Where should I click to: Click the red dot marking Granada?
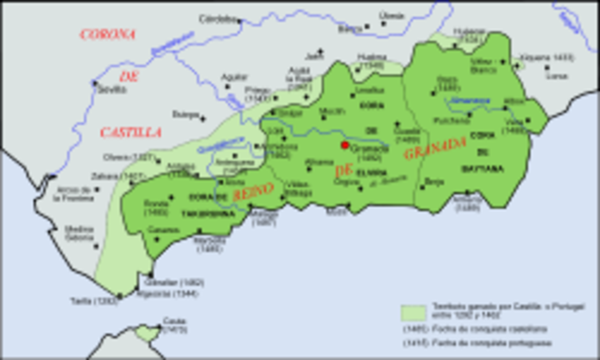tap(346, 146)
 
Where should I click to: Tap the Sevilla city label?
tap(111, 89)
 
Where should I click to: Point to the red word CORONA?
tap(109, 35)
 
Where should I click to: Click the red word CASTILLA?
tap(130, 132)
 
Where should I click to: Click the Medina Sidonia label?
tap(80, 232)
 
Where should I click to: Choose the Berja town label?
tap(434, 180)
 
